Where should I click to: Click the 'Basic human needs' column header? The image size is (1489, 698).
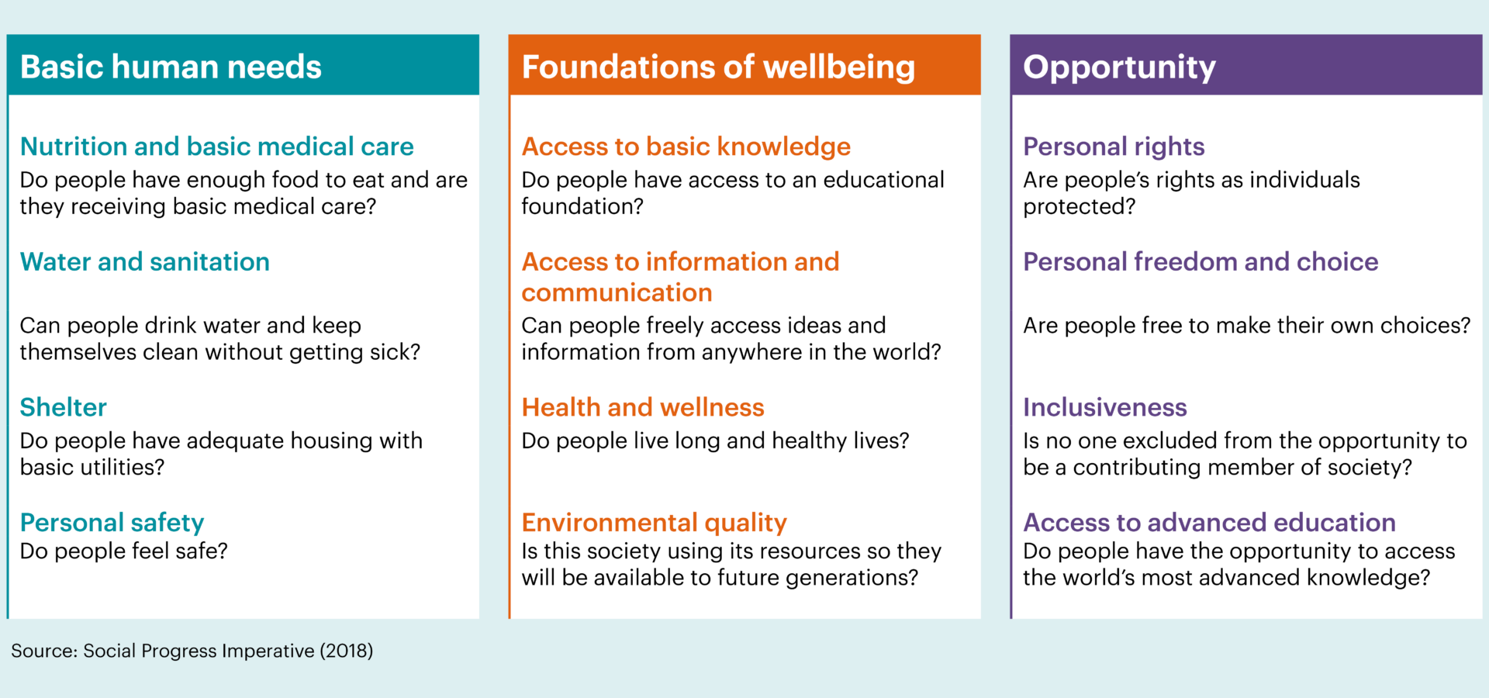click(171, 67)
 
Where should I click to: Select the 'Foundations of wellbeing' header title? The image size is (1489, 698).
click(718, 67)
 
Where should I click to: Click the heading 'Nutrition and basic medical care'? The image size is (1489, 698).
click(217, 147)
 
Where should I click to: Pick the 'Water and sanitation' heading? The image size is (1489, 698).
click(145, 262)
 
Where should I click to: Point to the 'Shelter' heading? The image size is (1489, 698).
click(64, 407)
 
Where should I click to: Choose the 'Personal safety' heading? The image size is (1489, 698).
click(112, 523)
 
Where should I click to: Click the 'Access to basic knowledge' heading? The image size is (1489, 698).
click(686, 147)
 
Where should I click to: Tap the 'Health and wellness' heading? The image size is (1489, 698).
click(643, 407)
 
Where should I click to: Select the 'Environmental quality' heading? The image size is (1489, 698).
click(655, 523)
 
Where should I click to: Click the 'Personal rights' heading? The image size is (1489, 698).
click(1114, 147)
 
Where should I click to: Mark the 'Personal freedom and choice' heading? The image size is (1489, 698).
click(1201, 262)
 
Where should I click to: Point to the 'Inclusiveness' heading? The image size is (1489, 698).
click(1105, 407)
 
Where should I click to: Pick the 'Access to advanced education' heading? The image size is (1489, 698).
click(1210, 523)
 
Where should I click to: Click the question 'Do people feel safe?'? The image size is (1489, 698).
click(124, 551)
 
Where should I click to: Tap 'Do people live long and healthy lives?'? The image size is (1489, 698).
click(715, 441)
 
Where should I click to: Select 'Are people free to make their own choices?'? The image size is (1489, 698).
click(1247, 326)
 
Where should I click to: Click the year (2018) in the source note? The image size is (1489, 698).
click(347, 651)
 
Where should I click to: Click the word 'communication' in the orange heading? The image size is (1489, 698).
click(617, 293)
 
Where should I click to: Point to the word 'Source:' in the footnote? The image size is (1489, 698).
click(44, 651)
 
